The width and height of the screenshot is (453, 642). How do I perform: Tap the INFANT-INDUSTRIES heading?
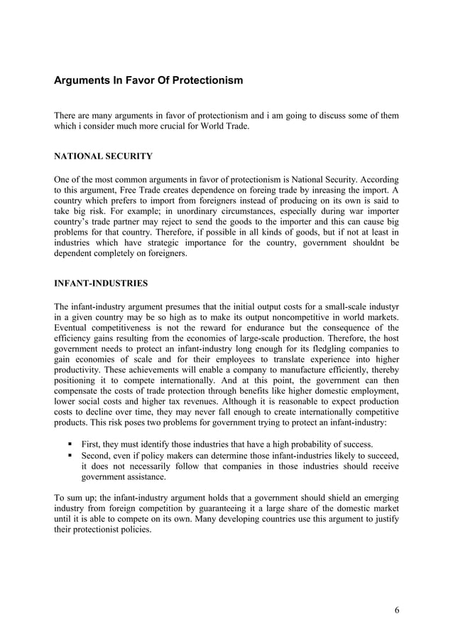click(x=102, y=283)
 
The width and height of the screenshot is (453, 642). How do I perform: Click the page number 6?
click(x=395, y=609)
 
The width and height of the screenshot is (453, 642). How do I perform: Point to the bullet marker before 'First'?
click(x=72, y=444)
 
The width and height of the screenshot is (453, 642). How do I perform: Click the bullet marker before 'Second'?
click(x=72, y=455)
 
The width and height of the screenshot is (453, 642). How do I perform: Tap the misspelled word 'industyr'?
click(x=381, y=306)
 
